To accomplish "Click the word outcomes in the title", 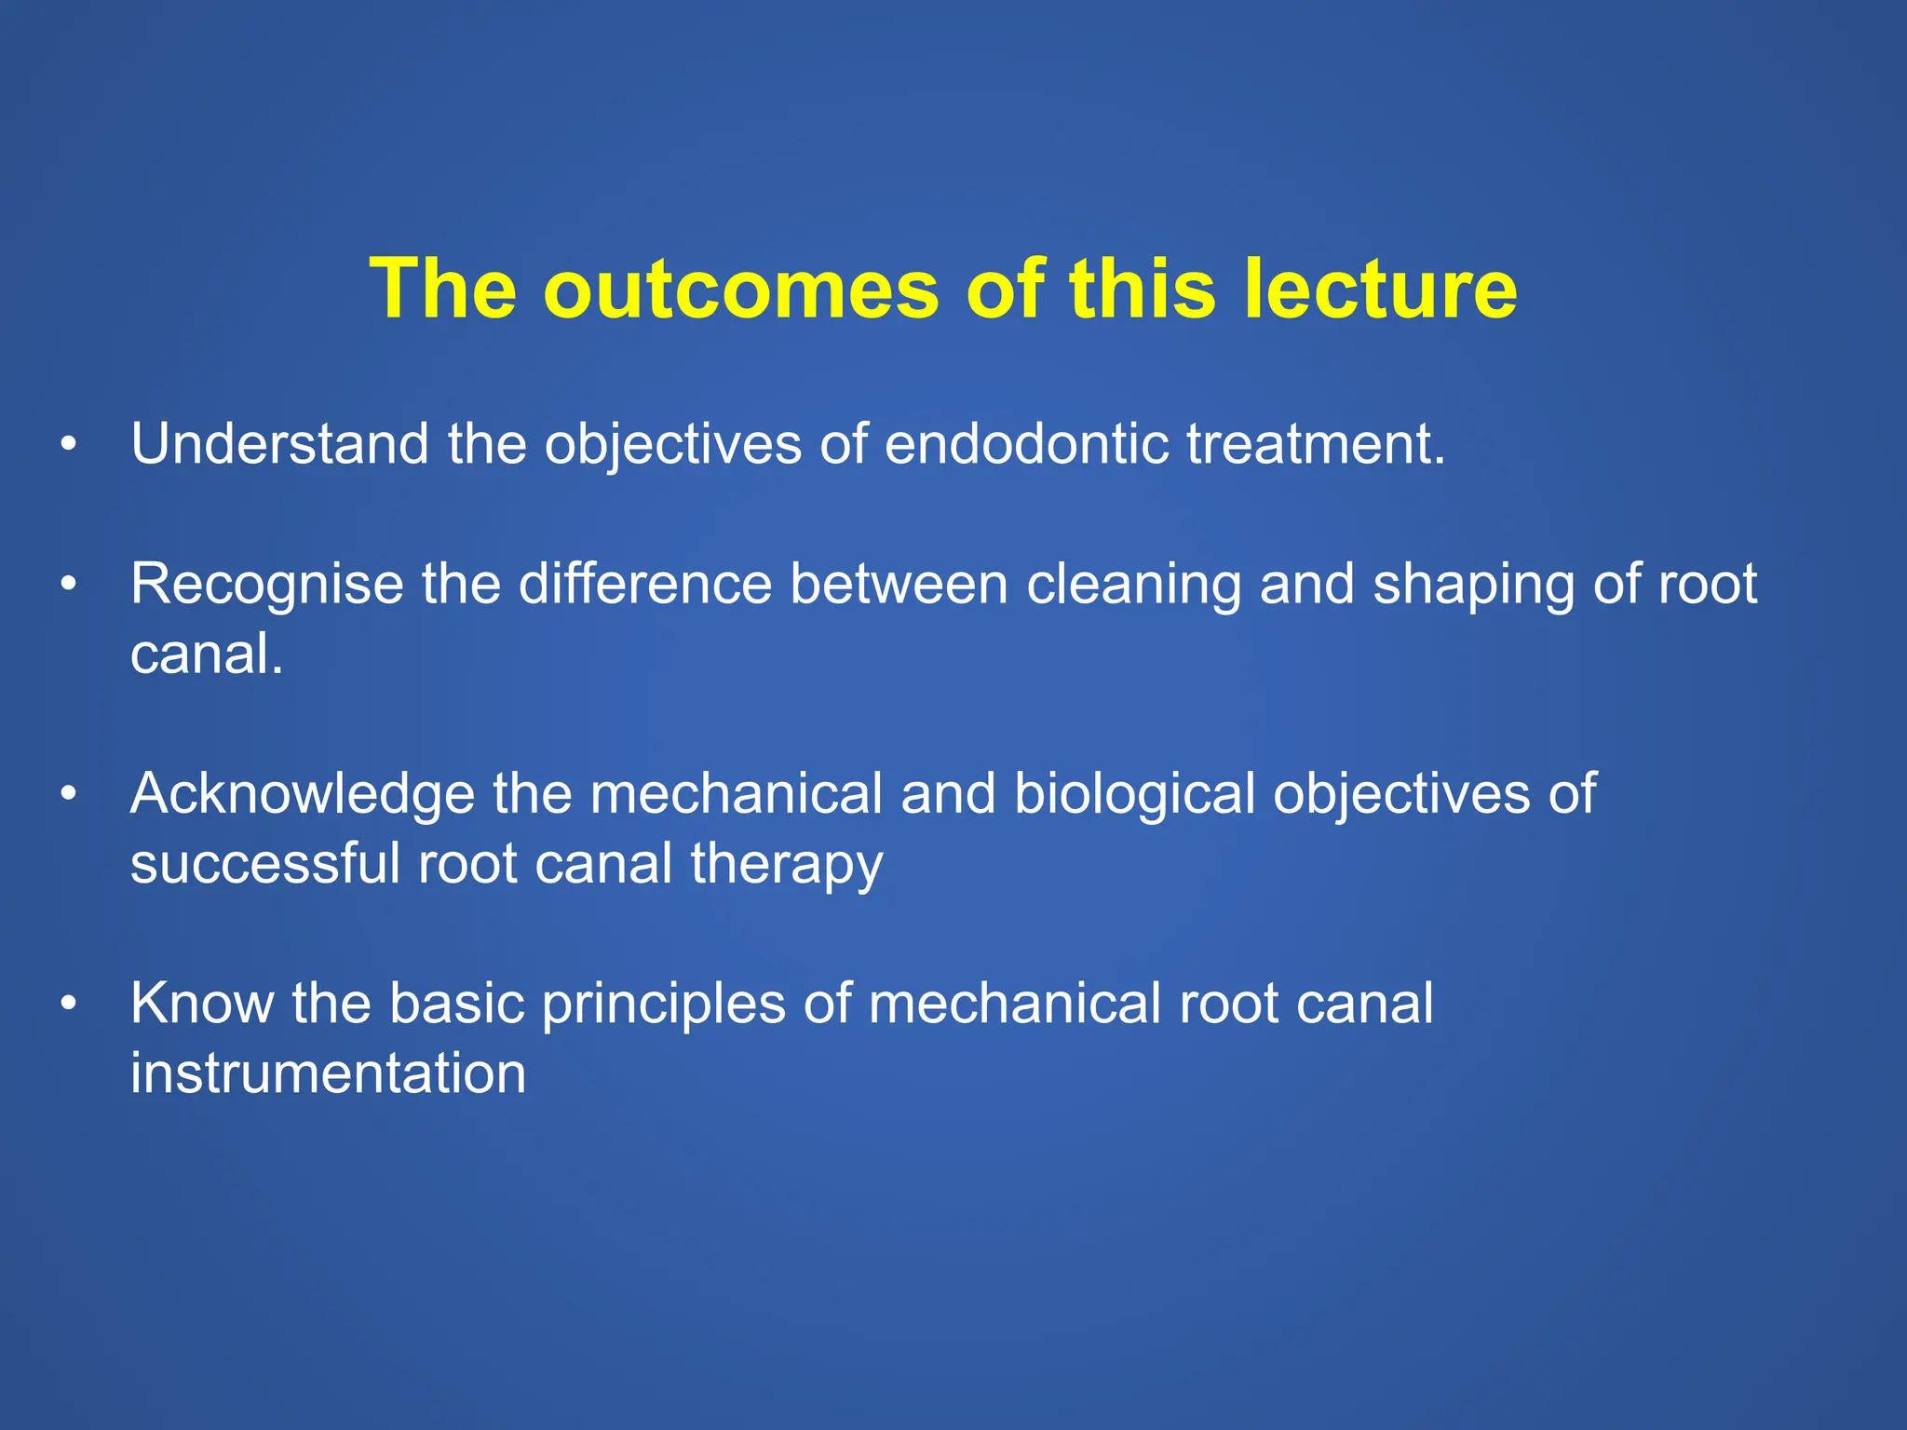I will (741, 290).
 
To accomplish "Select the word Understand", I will (279, 444).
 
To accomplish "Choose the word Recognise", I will (266, 585).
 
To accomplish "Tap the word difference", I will (644, 585).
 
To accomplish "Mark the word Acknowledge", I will (303, 794).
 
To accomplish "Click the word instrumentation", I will (328, 1073).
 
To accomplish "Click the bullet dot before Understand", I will (67, 445).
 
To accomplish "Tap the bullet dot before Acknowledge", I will (67, 795).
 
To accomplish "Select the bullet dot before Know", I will (67, 1005).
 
